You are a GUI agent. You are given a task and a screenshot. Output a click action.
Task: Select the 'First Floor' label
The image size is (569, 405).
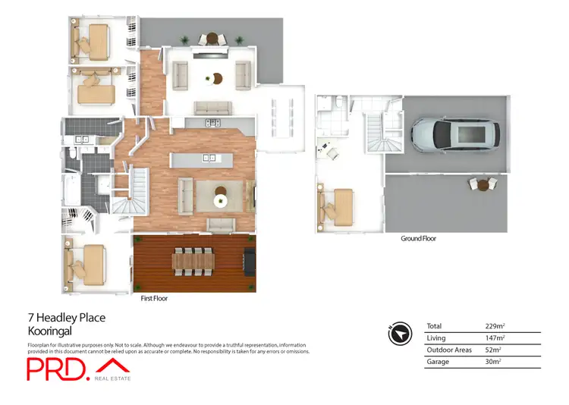coord(154,299)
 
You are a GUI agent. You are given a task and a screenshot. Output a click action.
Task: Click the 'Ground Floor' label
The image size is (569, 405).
coord(418,238)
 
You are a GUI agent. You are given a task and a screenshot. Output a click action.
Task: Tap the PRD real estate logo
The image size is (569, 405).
coord(79,369)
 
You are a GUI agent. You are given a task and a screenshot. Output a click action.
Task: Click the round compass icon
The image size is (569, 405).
coord(399,331)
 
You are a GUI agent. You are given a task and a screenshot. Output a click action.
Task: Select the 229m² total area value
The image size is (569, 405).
coord(495,325)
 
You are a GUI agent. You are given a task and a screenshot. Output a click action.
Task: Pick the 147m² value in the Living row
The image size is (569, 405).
coord(495,337)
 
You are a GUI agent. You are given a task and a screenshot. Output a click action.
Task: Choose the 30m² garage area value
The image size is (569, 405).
coord(494,362)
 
